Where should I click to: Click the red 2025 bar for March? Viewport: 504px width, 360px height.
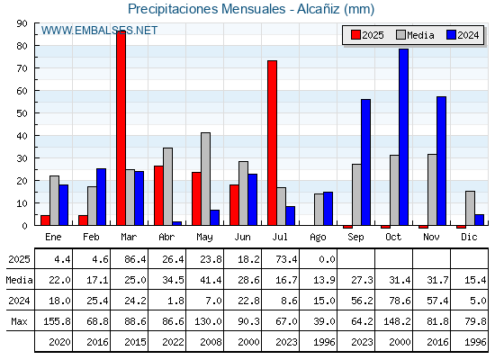click(121, 128)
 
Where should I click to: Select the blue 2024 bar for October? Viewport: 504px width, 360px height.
click(404, 137)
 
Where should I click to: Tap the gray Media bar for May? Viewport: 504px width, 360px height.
click(206, 179)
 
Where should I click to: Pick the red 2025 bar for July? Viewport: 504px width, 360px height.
click(272, 143)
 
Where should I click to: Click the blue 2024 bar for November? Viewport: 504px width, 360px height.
click(442, 161)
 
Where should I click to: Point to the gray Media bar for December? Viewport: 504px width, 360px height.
click(470, 208)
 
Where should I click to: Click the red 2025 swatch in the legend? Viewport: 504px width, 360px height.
click(355, 35)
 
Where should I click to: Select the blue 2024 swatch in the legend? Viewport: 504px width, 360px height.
click(452, 35)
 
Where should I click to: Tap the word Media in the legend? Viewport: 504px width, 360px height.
click(420, 35)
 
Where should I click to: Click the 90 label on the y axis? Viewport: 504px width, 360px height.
click(22, 23)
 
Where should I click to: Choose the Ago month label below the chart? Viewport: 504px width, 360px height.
click(318, 238)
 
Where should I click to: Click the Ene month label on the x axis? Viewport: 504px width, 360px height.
click(53, 237)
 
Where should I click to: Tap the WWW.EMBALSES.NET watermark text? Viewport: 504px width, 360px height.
click(99, 31)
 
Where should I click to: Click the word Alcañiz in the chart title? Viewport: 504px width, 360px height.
click(319, 9)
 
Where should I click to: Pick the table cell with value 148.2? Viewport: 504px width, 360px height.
click(394, 321)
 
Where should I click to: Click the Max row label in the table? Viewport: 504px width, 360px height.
click(19, 321)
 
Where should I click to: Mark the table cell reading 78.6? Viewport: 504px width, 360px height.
click(394, 301)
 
